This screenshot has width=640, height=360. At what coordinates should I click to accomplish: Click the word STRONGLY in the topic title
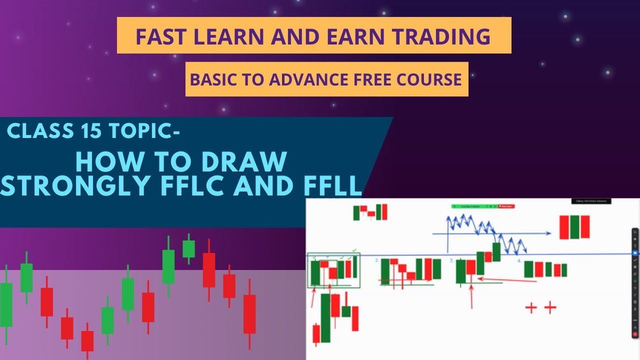pyautogui.click(x=76, y=185)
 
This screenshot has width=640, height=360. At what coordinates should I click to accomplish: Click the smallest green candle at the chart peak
pyautogui.click(x=188, y=248)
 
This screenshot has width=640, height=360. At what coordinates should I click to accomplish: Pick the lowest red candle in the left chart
pyautogui.click(x=87, y=340)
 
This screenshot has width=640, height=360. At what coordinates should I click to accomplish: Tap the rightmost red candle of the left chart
pyautogui.click(x=249, y=314)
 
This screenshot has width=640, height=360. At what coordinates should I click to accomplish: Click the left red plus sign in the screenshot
pyautogui.click(x=530, y=307)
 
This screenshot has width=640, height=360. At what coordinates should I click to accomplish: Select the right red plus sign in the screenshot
pyautogui.click(x=550, y=307)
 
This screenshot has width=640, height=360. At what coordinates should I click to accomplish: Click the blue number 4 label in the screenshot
pyautogui.click(x=519, y=260)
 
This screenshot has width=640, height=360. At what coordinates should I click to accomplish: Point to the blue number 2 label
pyautogui.click(x=377, y=260)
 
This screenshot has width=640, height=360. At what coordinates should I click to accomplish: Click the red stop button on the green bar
pyautogui.click(x=506, y=206)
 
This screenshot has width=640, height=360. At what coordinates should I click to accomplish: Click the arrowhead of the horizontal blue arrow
pyautogui.click(x=549, y=233)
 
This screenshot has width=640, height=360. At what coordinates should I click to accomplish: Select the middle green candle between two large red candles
pyautogui.click(x=574, y=227)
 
